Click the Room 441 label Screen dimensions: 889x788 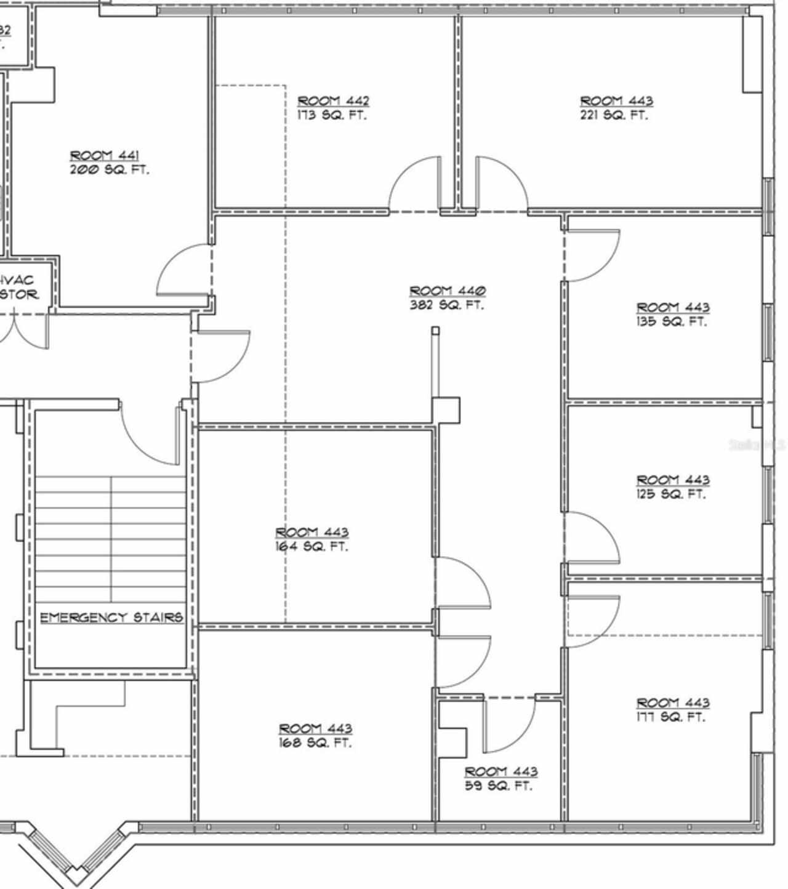[x=104, y=156]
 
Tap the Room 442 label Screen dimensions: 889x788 [x=333, y=101]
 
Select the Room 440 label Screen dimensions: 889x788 [x=448, y=291]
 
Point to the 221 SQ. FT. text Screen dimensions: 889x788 [x=614, y=115]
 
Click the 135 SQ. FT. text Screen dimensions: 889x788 [x=672, y=321]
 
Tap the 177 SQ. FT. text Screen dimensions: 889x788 [x=670, y=717]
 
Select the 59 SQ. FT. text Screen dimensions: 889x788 [x=498, y=786]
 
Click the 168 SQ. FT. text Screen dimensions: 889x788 [x=315, y=743]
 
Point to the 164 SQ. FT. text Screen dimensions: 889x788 [x=311, y=546]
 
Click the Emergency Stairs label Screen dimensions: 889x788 [x=111, y=617]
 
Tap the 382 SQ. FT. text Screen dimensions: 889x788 [x=446, y=305]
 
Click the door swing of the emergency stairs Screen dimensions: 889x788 [x=151, y=434]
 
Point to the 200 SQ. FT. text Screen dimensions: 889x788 [x=109, y=170]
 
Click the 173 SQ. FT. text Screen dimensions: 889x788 [x=331, y=115]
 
